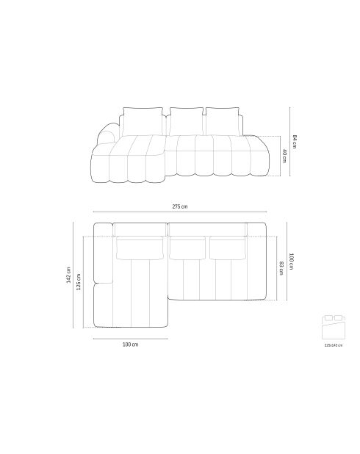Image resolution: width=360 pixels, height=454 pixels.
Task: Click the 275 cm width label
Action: (x=180, y=206)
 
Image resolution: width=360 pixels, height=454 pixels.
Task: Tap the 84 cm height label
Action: (x=295, y=141)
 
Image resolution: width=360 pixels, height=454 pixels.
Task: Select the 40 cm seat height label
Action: (x=284, y=156)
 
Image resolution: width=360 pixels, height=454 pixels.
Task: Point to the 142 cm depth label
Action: (x=68, y=275)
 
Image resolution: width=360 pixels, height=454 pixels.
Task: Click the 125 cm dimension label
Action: (x=79, y=281)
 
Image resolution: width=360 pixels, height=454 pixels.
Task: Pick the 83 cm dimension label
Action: (x=281, y=268)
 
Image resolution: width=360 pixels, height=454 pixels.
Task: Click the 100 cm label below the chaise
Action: (x=130, y=345)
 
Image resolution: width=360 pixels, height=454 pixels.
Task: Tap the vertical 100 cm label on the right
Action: (x=291, y=262)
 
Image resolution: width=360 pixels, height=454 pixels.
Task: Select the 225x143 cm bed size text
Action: (x=334, y=345)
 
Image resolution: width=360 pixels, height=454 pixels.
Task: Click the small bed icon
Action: (x=334, y=327)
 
